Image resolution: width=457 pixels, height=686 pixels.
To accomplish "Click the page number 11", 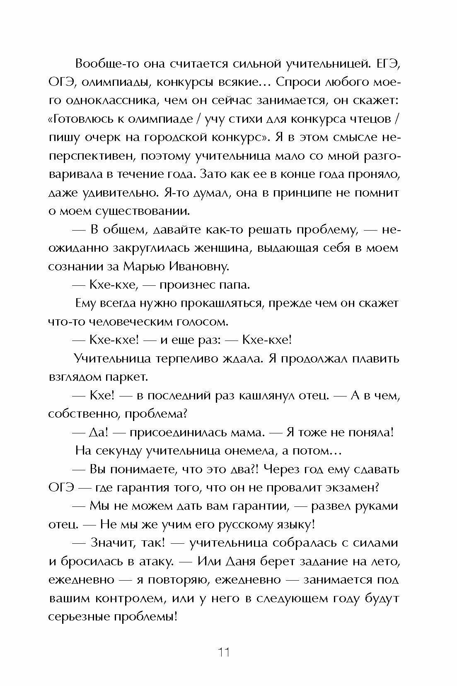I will click(x=223, y=652).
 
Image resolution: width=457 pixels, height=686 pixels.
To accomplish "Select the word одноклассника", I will click(x=106, y=101).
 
